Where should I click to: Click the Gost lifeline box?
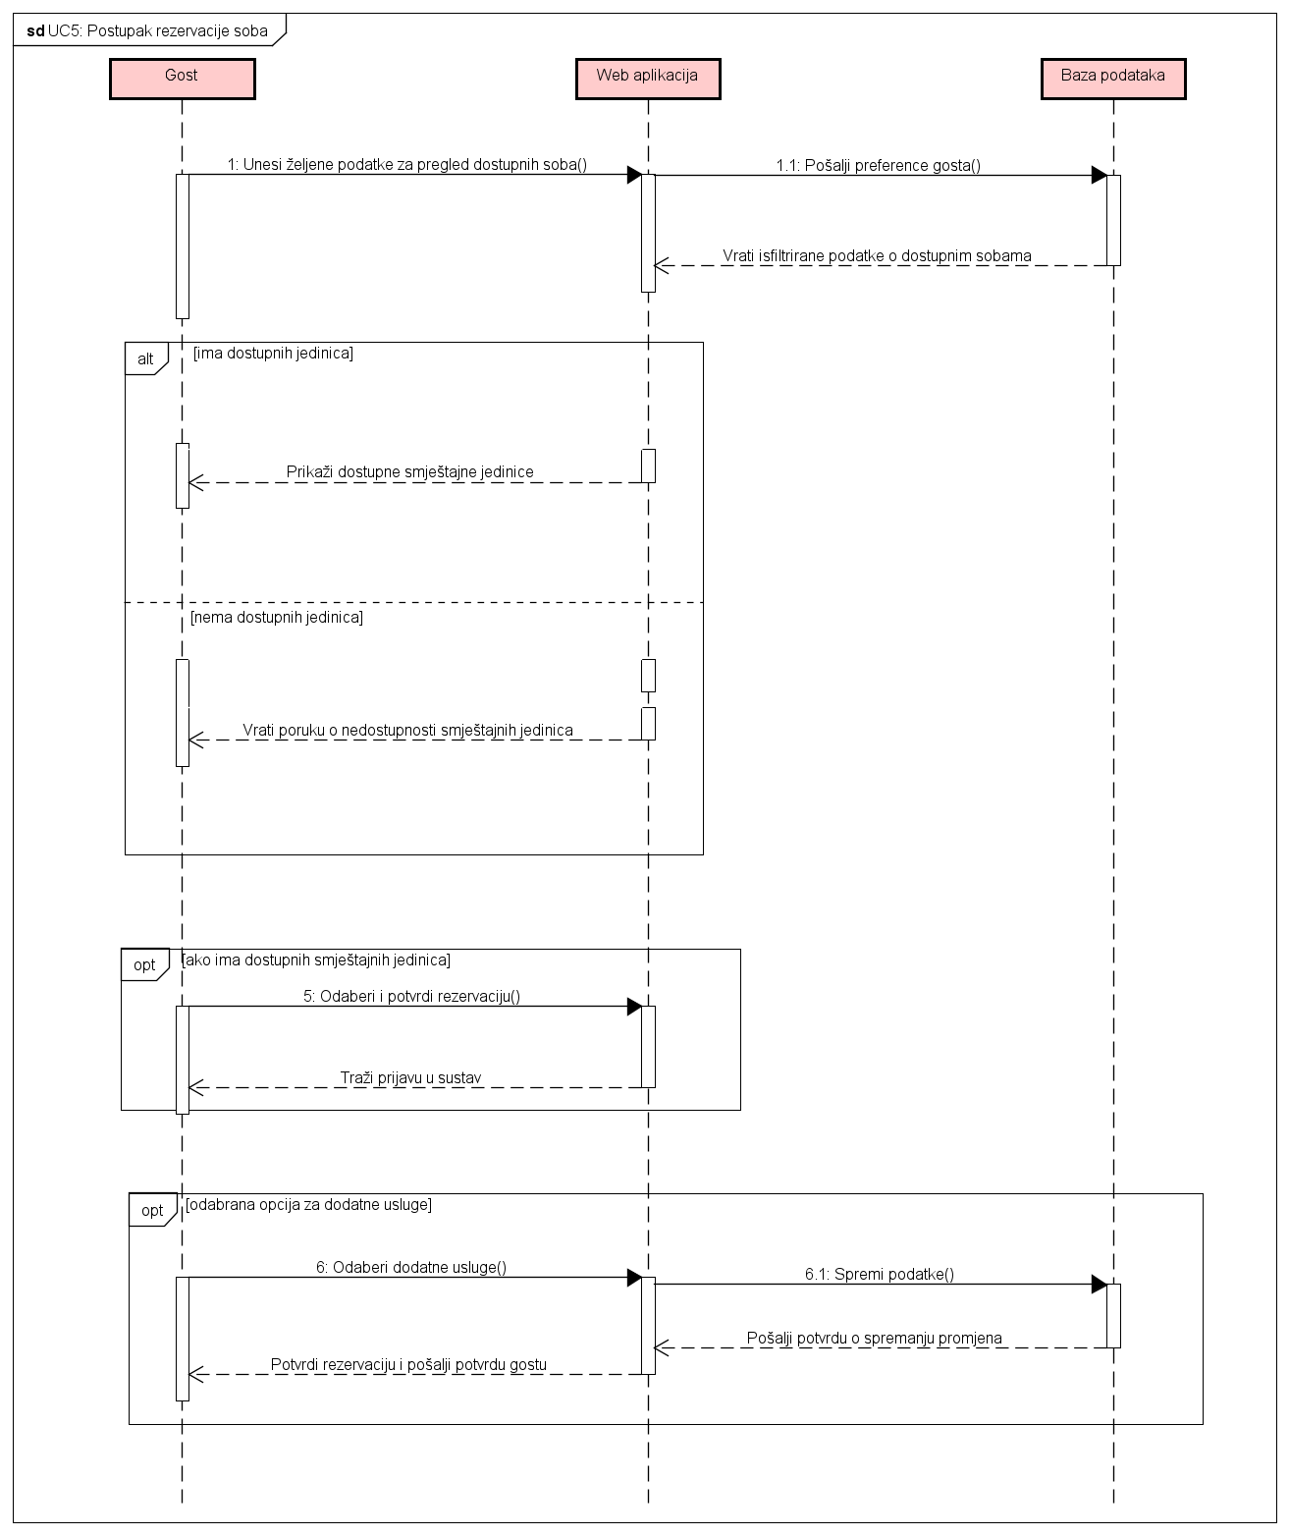point(182,79)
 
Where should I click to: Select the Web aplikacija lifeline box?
point(647,79)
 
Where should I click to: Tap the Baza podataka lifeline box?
point(1112,79)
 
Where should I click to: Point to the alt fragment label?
point(145,359)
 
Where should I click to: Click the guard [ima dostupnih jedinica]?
point(273,353)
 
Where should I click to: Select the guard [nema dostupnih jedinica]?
point(277,618)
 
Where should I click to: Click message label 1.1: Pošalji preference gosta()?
point(878,166)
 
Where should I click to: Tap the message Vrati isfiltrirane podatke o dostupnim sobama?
point(877,256)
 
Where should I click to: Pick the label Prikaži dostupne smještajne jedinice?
point(409,472)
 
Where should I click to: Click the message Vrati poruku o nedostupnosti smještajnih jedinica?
point(407,731)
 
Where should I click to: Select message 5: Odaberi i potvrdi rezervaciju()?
point(411,997)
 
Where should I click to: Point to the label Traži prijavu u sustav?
point(410,1078)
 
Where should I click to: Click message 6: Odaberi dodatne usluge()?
point(410,1268)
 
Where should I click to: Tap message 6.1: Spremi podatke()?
point(879,1275)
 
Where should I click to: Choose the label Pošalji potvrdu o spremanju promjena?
point(874,1339)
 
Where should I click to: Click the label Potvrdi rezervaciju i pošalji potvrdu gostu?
point(408,1365)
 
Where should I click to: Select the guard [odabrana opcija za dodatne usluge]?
point(308,1204)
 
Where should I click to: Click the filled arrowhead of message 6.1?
point(1100,1285)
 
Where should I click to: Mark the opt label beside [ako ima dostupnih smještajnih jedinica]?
point(144,965)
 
